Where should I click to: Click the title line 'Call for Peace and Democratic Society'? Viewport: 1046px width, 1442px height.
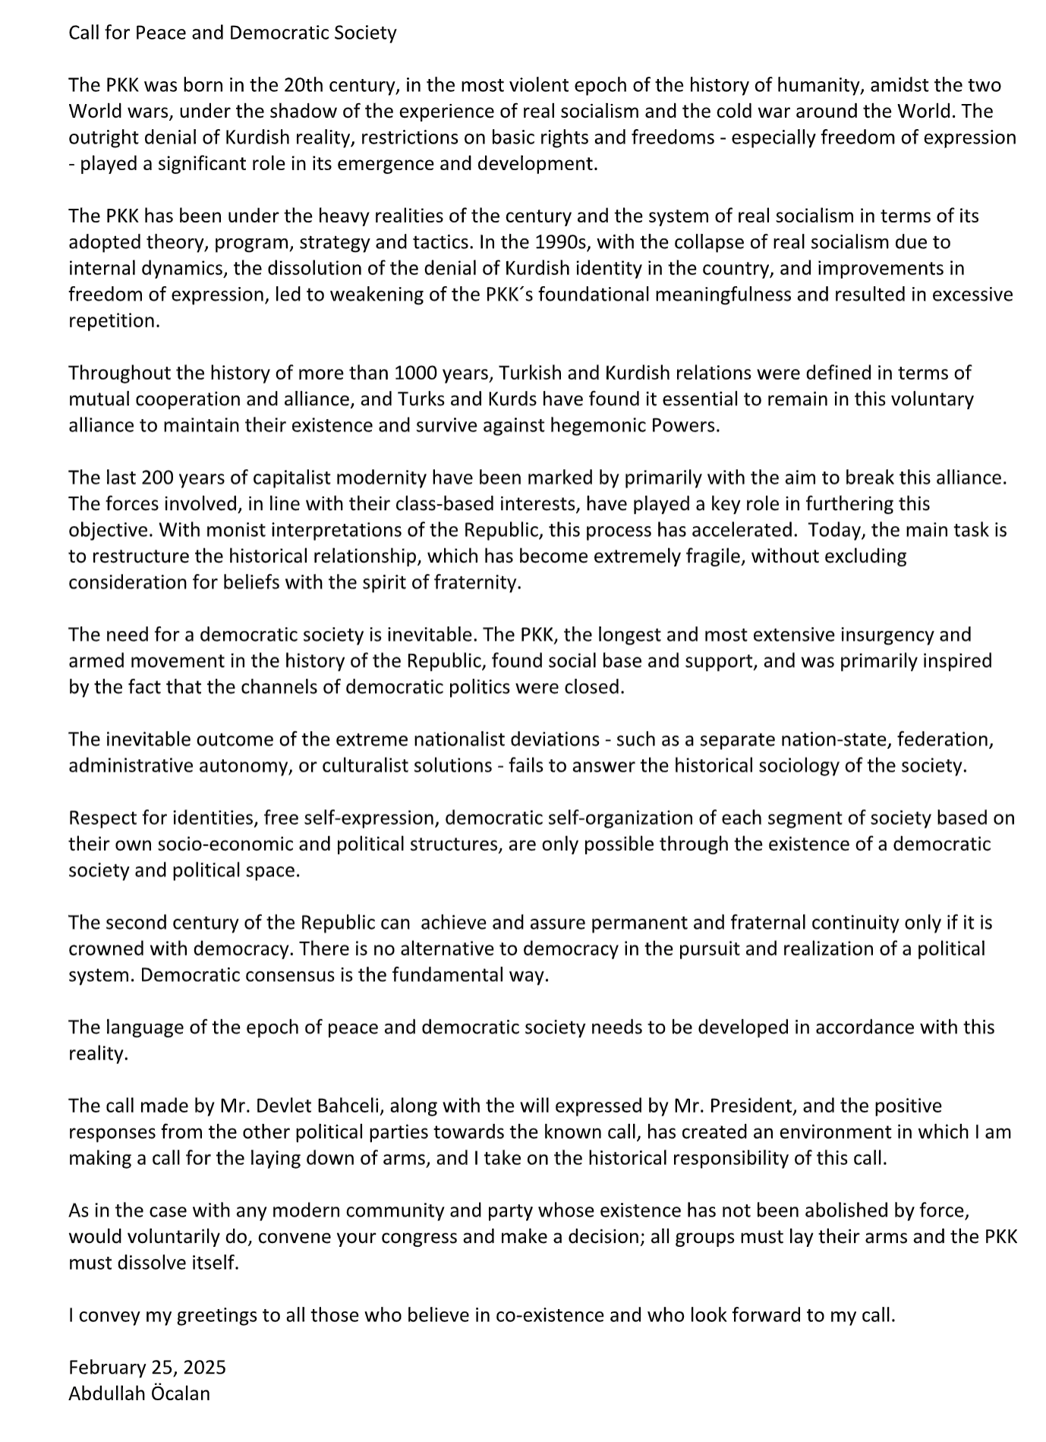point(232,33)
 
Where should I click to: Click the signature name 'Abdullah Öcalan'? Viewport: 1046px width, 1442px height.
point(139,1393)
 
